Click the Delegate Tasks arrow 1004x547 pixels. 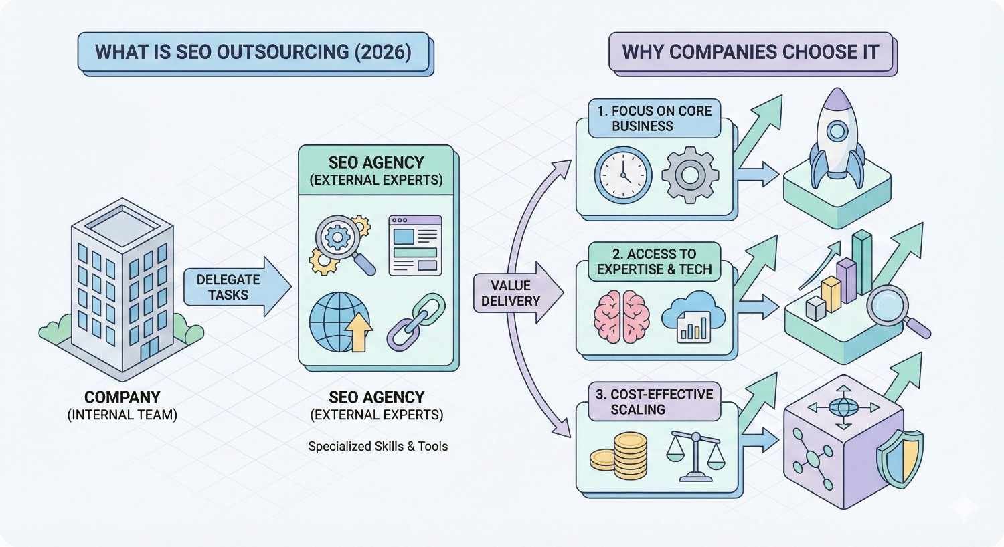point(234,287)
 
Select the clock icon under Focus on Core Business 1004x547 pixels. point(623,175)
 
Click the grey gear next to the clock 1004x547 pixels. point(689,175)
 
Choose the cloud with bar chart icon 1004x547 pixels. point(693,317)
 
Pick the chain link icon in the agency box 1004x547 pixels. point(416,322)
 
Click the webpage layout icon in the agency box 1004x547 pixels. point(415,245)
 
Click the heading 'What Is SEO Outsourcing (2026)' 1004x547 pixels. point(253,52)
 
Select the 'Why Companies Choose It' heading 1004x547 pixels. point(750,52)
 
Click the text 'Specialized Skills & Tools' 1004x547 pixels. point(378,446)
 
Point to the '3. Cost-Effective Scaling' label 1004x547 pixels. point(654,402)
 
